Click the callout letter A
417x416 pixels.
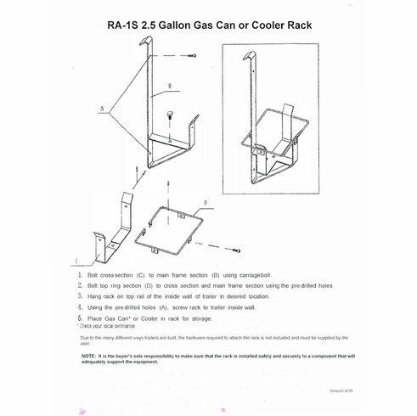pos(101,110)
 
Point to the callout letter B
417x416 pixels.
pos(171,87)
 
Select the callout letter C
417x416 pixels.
pos(77,260)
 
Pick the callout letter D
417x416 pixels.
pos(204,202)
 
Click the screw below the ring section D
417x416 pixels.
pos(238,252)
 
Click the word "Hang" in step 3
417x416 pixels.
pos(97,297)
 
